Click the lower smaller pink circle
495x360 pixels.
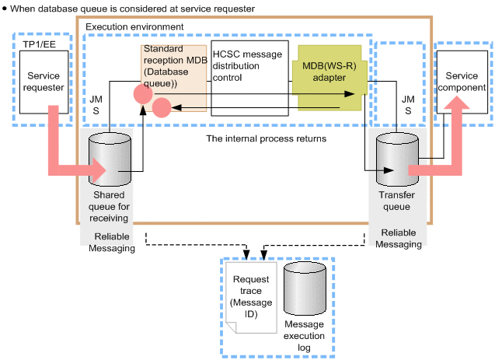[x=162, y=107]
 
